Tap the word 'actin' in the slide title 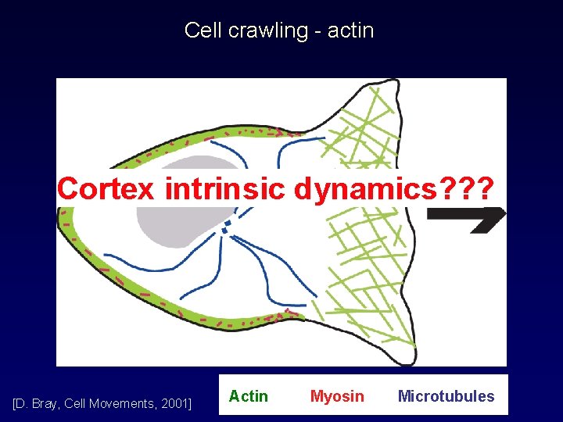[350, 31]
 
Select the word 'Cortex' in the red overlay [106, 188]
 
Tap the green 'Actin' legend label [248, 396]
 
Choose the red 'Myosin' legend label [337, 396]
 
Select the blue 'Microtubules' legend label [446, 396]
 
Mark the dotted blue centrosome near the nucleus [228, 226]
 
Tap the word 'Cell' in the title [201, 31]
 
